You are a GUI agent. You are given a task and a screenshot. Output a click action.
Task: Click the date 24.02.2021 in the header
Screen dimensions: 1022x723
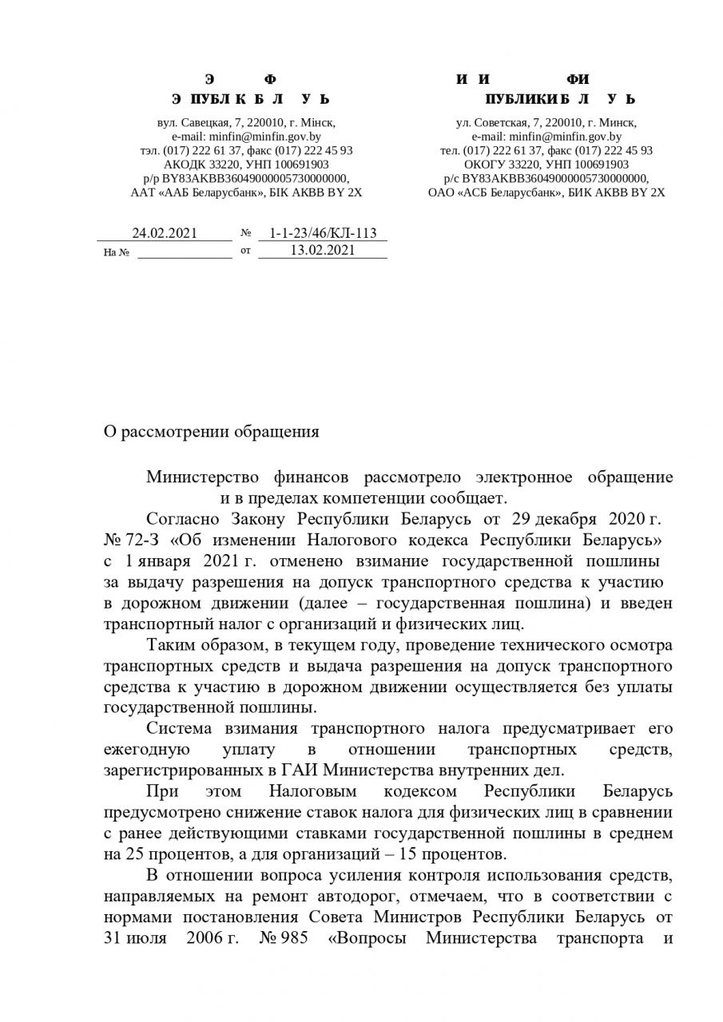[x=165, y=233]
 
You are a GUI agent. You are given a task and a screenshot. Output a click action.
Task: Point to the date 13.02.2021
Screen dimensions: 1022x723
[x=323, y=251]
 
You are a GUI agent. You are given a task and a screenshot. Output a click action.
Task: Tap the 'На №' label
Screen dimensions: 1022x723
[x=117, y=253]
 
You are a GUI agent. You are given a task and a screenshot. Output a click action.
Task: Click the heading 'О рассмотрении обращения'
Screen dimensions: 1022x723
[x=212, y=432]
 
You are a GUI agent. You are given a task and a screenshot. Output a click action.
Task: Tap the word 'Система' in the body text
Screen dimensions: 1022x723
[x=180, y=729]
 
